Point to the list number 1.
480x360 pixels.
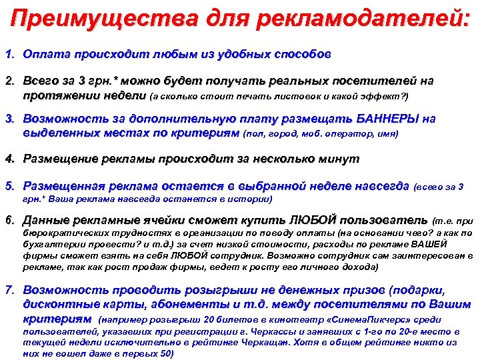[x=9, y=53]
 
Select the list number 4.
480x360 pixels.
[x=9, y=159]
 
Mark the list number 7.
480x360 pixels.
[x=9, y=291]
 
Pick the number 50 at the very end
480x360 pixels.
[x=164, y=353]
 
